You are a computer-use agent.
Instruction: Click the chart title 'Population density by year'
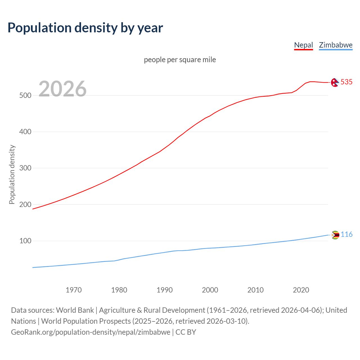click(85, 28)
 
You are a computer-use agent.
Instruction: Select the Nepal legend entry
click(303, 45)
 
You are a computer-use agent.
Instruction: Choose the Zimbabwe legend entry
click(336, 45)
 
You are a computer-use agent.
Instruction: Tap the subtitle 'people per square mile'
click(180, 60)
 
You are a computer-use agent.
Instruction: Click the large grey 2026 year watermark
click(62, 89)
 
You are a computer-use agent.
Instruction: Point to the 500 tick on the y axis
click(25, 95)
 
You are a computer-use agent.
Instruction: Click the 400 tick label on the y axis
click(25, 132)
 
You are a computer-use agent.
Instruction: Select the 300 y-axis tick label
click(25, 168)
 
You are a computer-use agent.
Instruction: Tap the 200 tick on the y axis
click(25, 204)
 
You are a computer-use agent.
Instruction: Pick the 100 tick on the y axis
click(25, 241)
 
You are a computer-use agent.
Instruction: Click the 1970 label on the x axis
click(74, 290)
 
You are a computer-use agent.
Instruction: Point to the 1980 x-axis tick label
click(119, 290)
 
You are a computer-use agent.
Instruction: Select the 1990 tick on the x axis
click(165, 290)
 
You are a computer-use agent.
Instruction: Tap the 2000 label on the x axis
click(210, 290)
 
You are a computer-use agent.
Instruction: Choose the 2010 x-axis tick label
click(255, 290)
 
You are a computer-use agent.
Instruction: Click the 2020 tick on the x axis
click(301, 290)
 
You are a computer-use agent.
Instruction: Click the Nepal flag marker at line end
click(335, 82)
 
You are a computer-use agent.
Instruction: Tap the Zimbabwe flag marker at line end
click(335, 235)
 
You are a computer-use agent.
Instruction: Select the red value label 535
click(346, 82)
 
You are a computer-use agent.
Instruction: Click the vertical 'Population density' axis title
click(12, 174)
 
